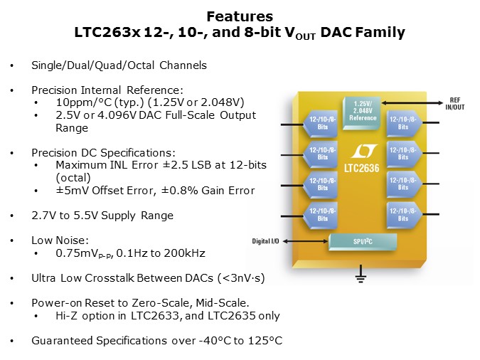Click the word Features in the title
(239, 16)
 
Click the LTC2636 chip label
(358, 169)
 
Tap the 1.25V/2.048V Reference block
(362, 108)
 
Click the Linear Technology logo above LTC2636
(359, 152)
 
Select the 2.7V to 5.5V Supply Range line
(102, 215)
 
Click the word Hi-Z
(66, 316)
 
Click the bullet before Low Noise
(11, 240)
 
